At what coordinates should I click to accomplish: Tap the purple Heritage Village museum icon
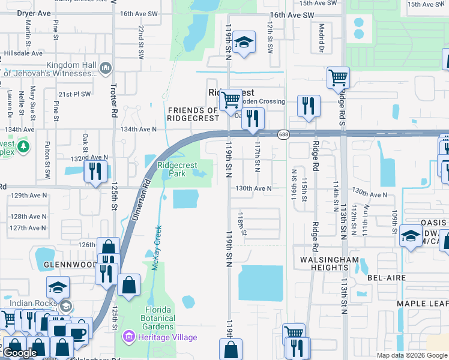127,337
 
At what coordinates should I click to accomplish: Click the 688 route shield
283,135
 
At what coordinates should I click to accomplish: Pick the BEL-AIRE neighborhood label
384,278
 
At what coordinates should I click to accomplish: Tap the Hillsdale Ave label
22,53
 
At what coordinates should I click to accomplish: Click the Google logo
20,353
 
